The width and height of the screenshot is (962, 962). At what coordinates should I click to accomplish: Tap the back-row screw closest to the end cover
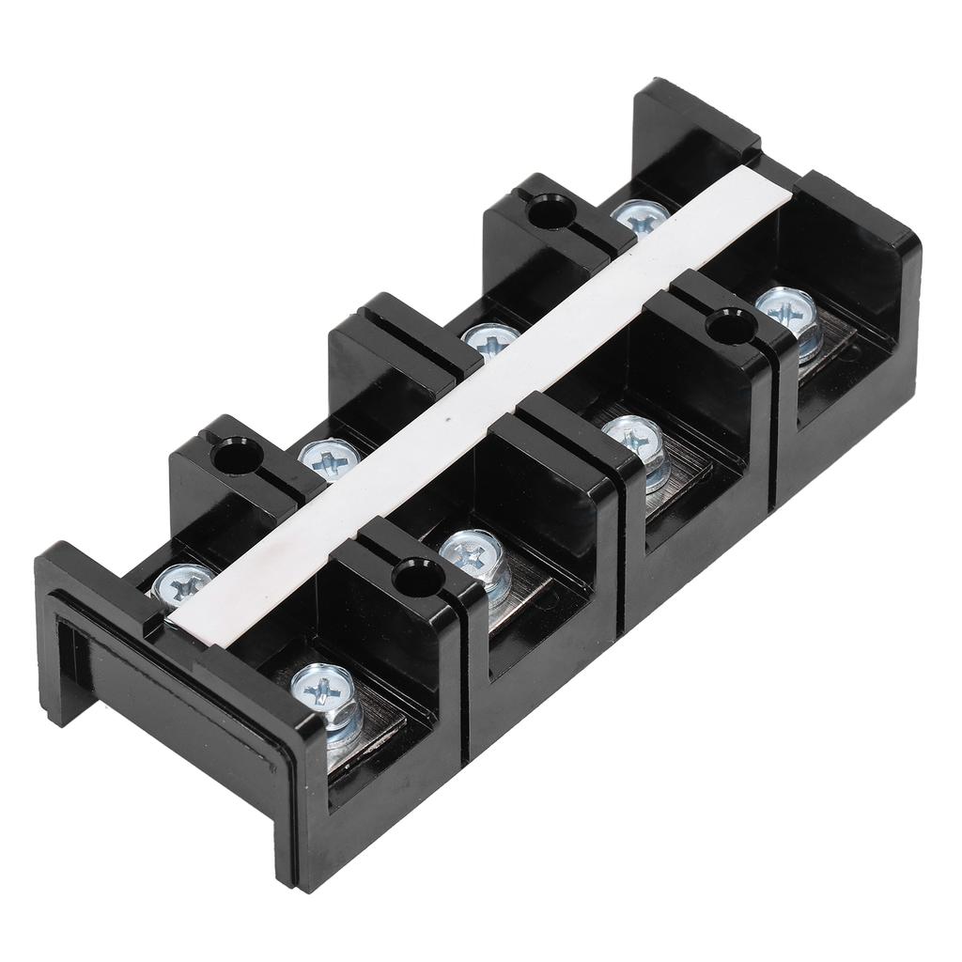182,585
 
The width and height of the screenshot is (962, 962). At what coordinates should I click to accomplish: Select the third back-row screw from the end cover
489,341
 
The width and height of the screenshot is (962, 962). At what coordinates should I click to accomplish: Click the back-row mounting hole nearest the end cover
227,458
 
